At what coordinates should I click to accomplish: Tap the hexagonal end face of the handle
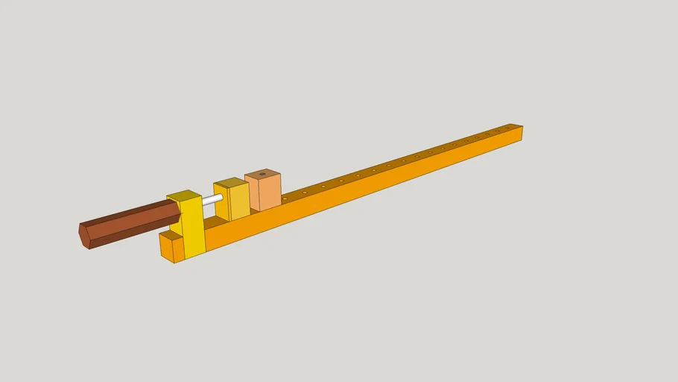[x=84, y=237]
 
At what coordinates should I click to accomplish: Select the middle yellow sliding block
[x=239, y=201]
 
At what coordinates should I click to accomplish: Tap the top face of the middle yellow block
[x=230, y=182]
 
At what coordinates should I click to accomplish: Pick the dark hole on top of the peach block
[x=262, y=175]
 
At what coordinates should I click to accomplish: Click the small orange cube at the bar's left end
[x=178, y=249]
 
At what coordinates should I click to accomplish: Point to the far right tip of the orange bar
[x=522, y=133]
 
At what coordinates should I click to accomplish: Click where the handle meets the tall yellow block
[x=180, y=214]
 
